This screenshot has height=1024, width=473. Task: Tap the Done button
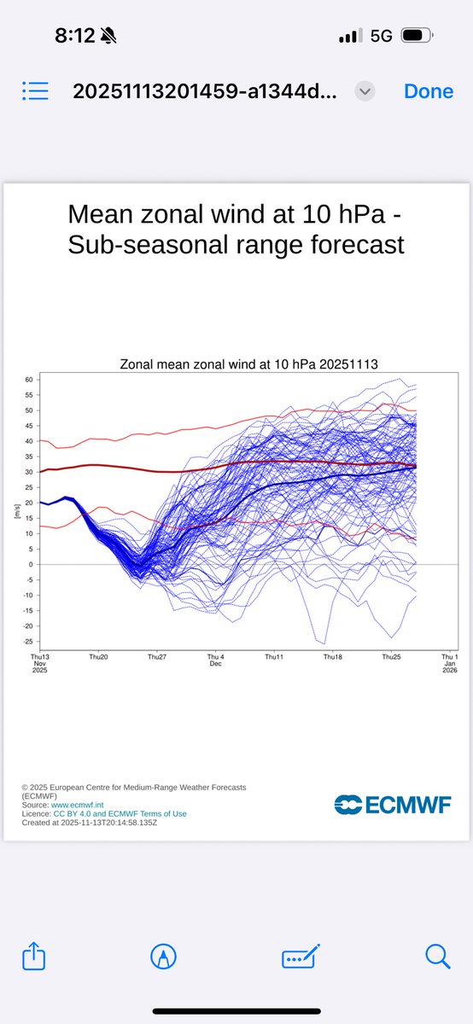pos(429,91)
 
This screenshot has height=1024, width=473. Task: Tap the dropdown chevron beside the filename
pos(365,91)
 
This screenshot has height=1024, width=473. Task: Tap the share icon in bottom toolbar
pos(34,957)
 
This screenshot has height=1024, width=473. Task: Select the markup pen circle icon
pos(162,957)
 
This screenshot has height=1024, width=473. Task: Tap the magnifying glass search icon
pos(437,957)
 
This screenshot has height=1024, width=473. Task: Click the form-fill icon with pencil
pos(301,957)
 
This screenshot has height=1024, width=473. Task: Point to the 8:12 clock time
pos(76,36)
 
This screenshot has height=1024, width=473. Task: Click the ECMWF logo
pos(392,804)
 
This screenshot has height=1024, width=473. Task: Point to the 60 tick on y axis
pos(28,379)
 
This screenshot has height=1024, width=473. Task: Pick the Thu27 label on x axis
pos(156,657)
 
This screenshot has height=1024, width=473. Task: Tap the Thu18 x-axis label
pos(332,657)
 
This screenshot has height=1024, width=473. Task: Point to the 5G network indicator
pos(381,36)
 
